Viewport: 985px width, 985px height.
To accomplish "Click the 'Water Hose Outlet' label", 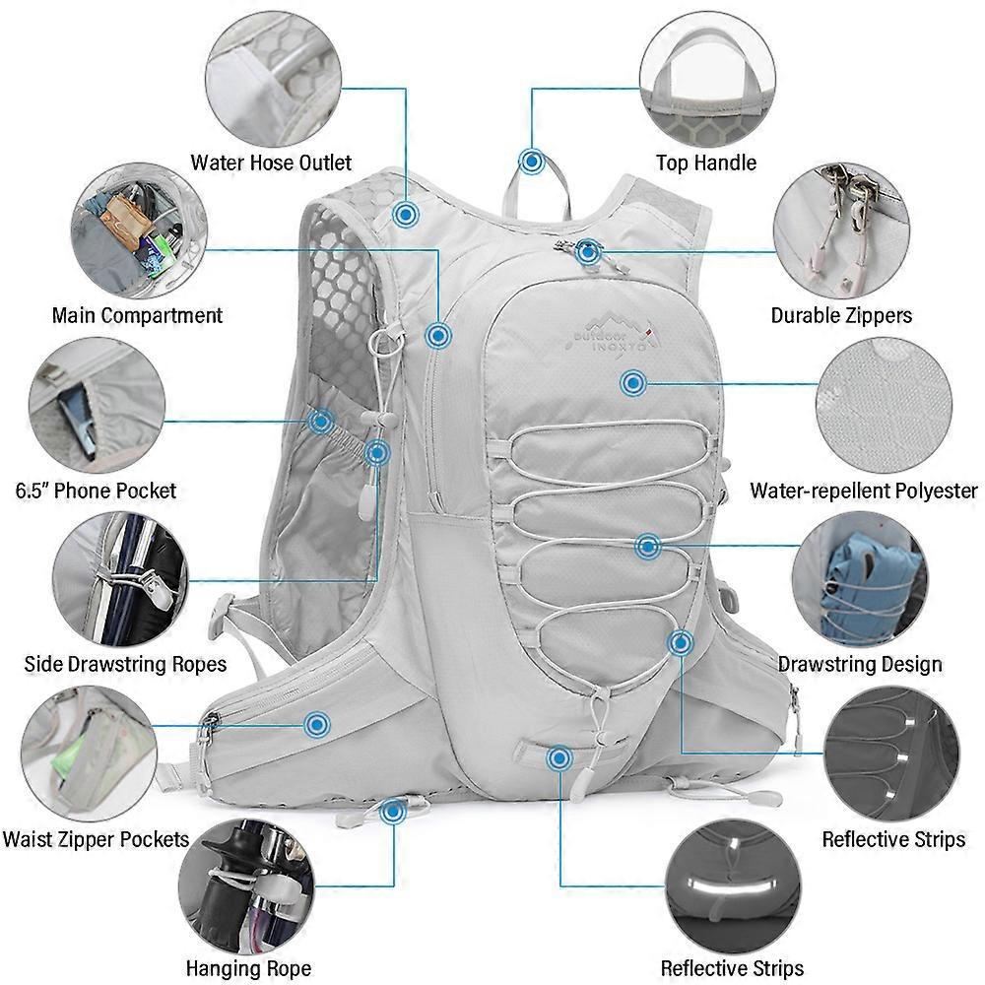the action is (271, 163).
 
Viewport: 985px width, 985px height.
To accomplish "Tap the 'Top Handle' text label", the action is (706, 163).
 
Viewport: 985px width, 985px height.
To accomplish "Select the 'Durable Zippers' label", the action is (841, 315).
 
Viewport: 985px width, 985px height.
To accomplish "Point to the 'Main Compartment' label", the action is (137, 315).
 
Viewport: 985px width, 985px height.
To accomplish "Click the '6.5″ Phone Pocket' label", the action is (96, 490).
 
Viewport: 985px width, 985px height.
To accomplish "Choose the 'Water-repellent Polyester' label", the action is (864, 490).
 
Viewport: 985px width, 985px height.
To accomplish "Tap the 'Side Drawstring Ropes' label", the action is (125, 664).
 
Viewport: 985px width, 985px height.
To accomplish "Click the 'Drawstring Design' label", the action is (859, 664).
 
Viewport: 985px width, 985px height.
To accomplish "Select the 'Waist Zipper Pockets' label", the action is (96, 839).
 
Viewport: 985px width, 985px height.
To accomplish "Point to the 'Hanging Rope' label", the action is (248, 968).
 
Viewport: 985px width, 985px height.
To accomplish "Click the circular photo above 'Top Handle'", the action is (707, 77).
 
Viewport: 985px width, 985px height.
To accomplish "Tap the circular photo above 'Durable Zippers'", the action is (841, 230).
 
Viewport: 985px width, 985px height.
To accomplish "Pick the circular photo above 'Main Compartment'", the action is (139, 230).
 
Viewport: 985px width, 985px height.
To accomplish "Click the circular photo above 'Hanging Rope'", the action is (246, 886).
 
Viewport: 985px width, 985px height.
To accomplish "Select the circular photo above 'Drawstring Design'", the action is (859, 580).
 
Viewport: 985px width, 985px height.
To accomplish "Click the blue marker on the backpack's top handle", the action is (532, 163).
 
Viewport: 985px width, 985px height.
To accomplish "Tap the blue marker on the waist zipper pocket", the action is (317, 725).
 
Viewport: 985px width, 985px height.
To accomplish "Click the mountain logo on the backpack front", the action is (611, 330).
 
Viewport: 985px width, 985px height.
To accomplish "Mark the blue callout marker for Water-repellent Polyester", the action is (633, 383).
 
